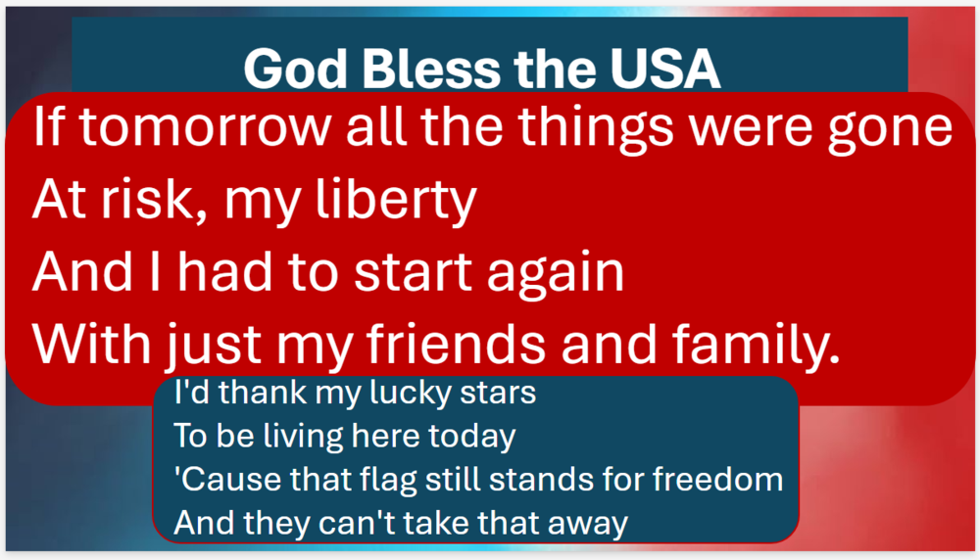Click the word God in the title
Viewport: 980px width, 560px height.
295,69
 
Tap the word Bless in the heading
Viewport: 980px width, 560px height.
431,69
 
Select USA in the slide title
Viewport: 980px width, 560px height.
665,69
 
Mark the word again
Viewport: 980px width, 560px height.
556,275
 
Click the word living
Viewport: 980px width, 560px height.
304,437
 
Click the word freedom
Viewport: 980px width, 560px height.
717,480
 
